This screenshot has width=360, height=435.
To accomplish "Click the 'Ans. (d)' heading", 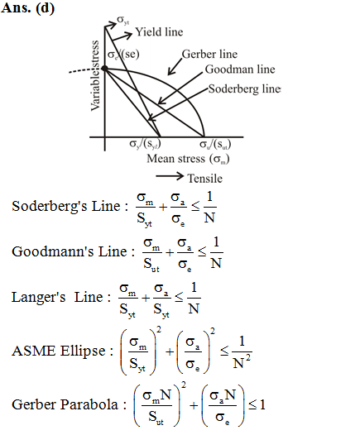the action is coord(27,7).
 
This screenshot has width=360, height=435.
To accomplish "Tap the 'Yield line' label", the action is coord(159,32).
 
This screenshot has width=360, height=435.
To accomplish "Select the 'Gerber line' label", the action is coord(209,54).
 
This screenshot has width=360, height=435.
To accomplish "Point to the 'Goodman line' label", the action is coord(240,69).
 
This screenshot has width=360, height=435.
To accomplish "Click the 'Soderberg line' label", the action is coord(244,88).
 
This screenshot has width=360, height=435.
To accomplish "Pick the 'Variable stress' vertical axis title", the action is coord(95,76).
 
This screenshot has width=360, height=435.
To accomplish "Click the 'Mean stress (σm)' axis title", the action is coord(188,159).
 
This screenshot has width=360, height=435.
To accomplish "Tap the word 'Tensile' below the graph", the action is coord(205,178).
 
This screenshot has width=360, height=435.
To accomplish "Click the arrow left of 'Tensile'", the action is coord(170,176).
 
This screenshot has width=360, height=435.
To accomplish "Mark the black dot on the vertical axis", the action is coord(104,69).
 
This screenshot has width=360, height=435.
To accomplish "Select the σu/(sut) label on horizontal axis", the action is coord(215,144).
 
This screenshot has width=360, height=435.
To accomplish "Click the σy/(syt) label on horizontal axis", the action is coord(145,144).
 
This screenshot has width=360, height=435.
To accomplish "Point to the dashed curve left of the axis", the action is coord(85,70).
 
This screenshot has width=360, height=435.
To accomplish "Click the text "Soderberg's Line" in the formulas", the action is coord(66,206).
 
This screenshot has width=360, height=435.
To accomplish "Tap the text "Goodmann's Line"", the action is coord(70,251).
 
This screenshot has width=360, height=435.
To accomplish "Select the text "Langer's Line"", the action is coord(57,297).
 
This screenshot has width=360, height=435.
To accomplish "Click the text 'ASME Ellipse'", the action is coord(59,351).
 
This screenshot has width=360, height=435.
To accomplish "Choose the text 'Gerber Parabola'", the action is coord(65,404).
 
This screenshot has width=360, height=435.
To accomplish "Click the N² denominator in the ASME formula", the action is coord(242,362).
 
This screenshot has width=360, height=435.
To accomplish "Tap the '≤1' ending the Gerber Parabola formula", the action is coord(257,405).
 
